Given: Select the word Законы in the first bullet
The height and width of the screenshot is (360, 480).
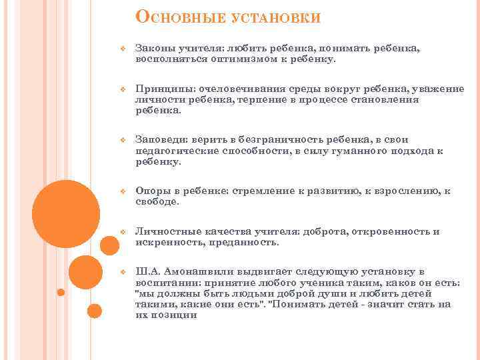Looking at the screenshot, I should [152, 49].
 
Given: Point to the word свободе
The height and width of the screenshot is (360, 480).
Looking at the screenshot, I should [157, 201].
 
